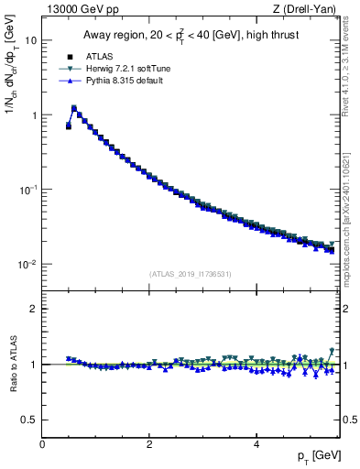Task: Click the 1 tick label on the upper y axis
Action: tap(34, 115)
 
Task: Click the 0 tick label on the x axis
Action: tap(42, 442)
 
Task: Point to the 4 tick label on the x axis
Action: tap(256, 442)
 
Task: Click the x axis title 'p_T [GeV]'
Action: tap(320, 456)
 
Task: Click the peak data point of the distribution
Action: tap(74, 108)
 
